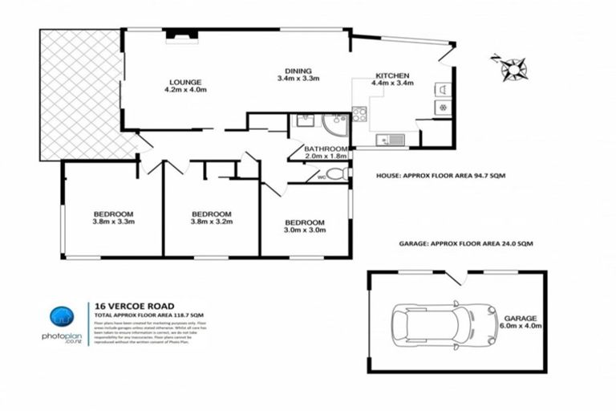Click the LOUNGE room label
coord(184,81)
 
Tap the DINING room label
coord(298,70)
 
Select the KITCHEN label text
coord(391,74)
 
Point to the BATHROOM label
coord(326,149)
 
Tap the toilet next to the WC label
coord(336,174)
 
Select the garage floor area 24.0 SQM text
coord(466,242)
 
